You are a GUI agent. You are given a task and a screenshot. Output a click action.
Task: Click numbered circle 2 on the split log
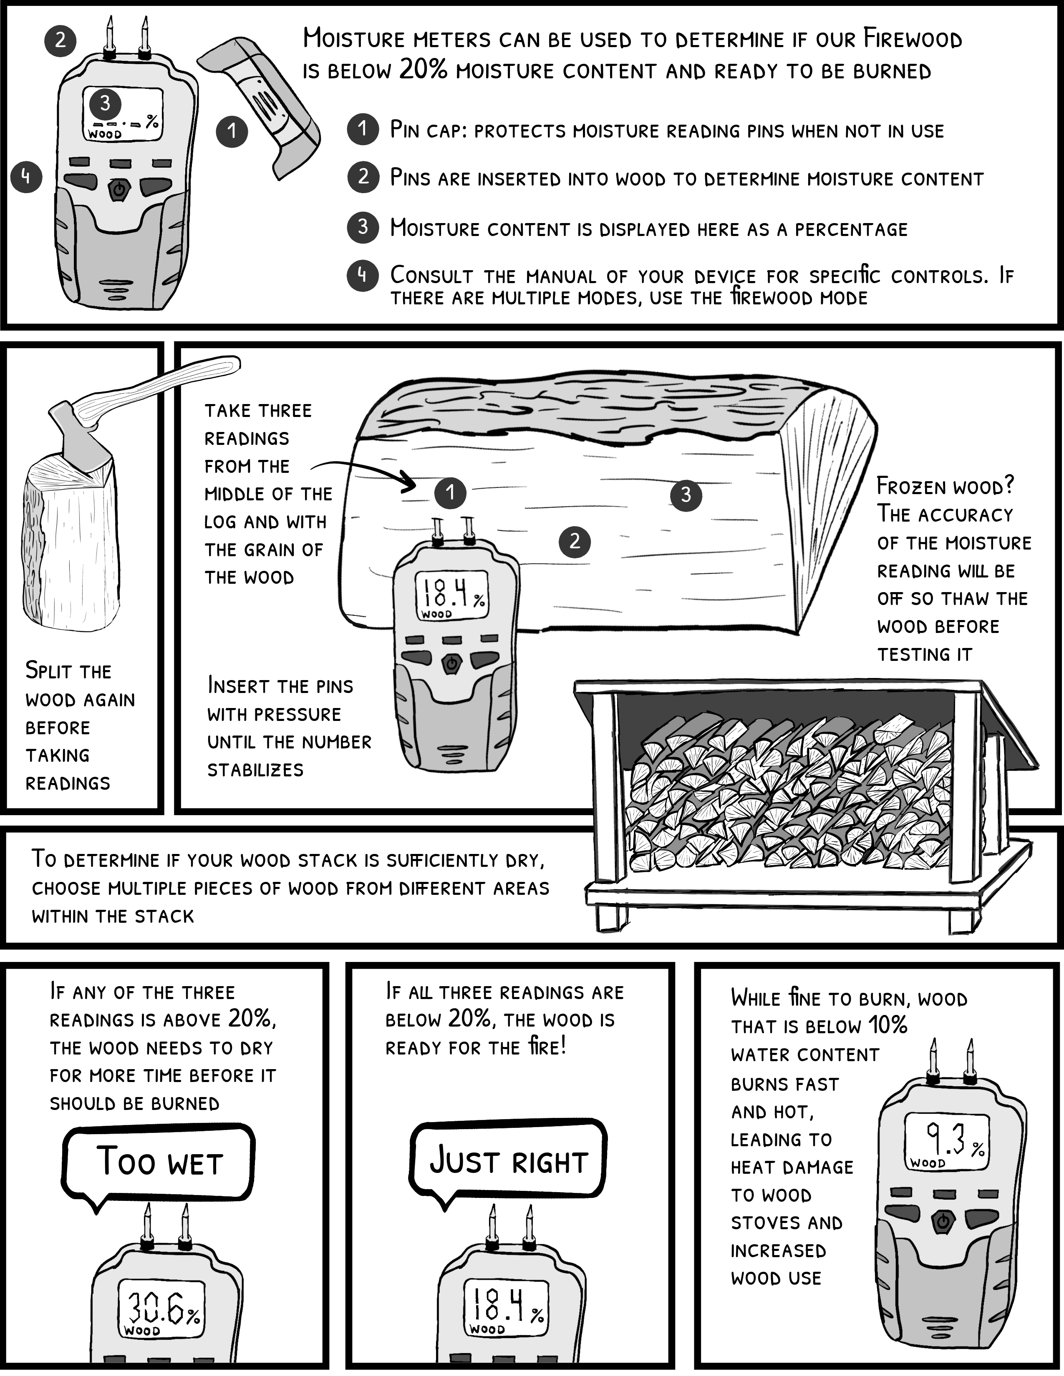tap(574, 541)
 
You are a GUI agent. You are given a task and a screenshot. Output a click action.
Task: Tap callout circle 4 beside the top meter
tap(26, 176)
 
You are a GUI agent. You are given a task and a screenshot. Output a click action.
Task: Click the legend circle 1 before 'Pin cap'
tap(363, 129)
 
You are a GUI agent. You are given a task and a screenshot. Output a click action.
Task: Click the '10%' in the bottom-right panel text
tap(888, 1026)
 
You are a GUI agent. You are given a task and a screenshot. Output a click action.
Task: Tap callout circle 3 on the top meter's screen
tap(105, 103)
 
